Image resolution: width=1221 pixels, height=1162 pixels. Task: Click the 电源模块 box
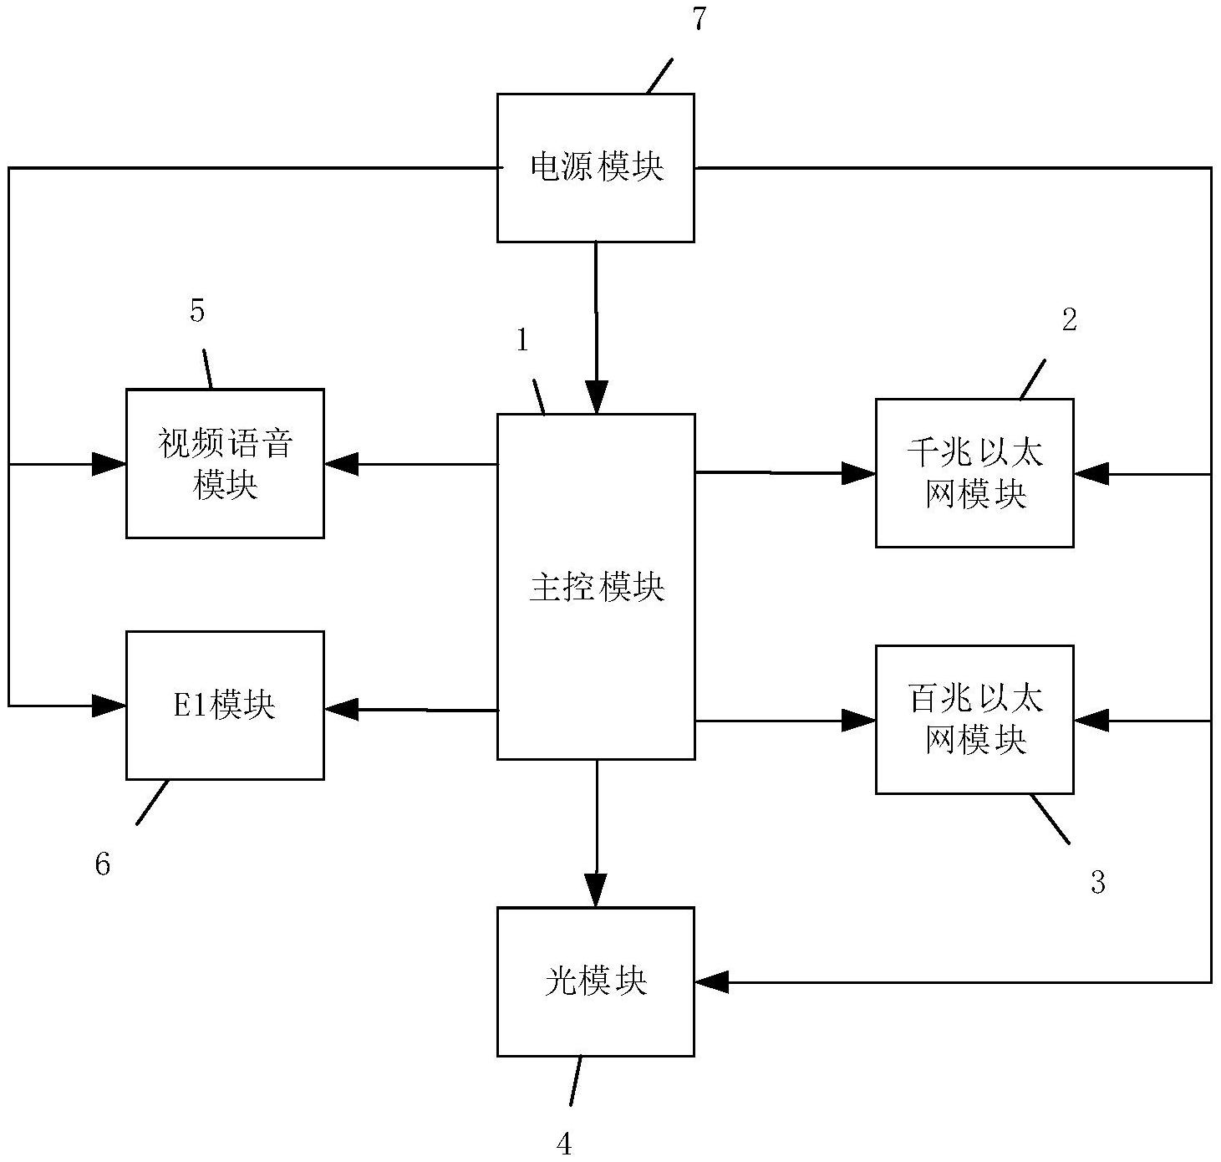coord(595,168)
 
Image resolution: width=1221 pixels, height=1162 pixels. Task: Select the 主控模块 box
coord(596,586)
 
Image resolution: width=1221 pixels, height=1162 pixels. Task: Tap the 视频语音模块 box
coord(225,463)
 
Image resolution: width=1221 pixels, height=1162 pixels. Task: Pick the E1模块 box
coord(225,706)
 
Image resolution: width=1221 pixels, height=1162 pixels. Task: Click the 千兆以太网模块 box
coord(974,473)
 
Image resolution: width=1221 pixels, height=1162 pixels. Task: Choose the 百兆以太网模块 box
coord(974,719)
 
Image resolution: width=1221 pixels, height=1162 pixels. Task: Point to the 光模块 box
coord(595,981)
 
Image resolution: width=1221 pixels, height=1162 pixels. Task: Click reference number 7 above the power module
coord(699,20)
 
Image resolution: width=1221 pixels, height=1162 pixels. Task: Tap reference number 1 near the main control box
coord(522,340)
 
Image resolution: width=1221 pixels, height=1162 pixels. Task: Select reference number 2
coord(1069,320)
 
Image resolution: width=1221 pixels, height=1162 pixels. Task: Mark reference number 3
coord(1097,882)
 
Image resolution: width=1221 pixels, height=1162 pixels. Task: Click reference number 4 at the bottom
coord(564,1143)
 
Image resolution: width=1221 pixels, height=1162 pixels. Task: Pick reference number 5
coord(197,311)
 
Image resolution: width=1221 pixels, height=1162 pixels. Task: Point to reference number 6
coord(102,864)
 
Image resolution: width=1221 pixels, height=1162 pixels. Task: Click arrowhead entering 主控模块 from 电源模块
coord(596,398)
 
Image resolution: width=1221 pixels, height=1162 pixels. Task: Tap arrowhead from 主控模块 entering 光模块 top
coord(596,891)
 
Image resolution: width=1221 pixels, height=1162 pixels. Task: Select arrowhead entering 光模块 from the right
coord(712,982)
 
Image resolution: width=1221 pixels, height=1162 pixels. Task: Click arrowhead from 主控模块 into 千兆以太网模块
coord(858,473)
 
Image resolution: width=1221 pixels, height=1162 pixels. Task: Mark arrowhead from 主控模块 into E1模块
coord(342,710)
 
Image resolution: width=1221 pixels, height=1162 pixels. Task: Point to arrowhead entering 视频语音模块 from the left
coord(109,464)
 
